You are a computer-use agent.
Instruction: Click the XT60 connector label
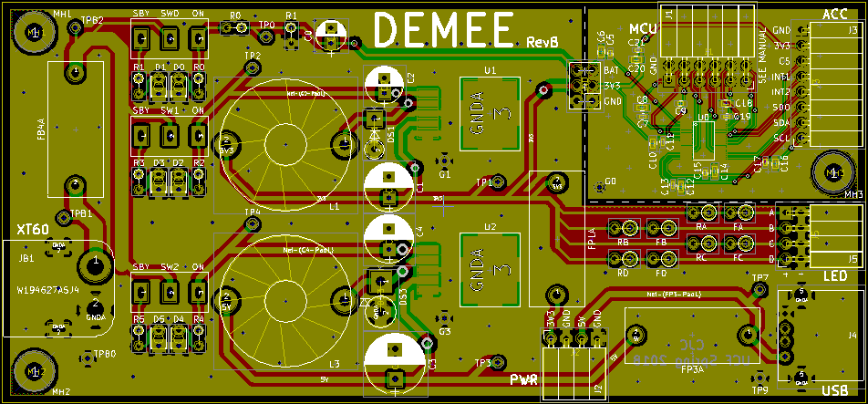coord(31,229)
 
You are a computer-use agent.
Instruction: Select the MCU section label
coord(642,31)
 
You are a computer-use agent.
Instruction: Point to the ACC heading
coord(834,14)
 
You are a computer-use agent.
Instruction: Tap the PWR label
coord(523,379)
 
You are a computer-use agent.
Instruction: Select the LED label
coord(834,275)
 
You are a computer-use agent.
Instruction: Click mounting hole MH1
coord(35,34)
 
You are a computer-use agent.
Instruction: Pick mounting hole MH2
coord(35,371)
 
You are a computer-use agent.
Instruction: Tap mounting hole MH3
coord(831,172)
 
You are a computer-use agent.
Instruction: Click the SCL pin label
coord(782,138)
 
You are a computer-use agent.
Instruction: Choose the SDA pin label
coord(782,122)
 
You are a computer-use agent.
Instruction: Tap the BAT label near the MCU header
coord(612,70)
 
